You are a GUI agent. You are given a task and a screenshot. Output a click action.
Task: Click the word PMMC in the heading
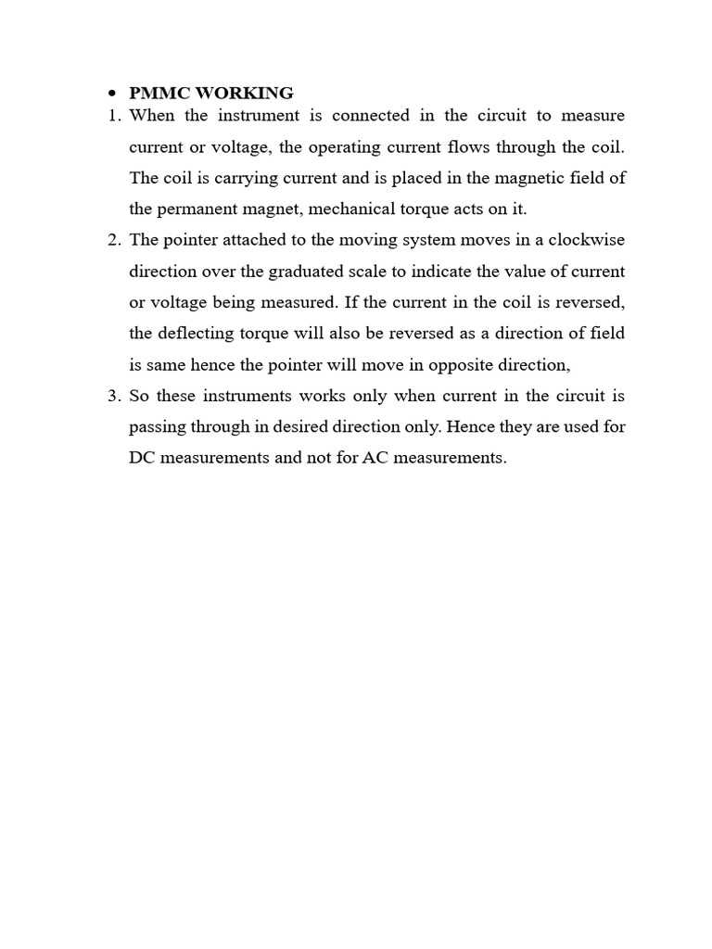pyautogui.click(x=159, y=93)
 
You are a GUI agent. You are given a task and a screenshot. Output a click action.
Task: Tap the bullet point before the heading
pyautogui.click(x=111, y=94)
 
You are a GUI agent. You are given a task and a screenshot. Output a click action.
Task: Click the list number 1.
pyautogui.click(x=114, y=116)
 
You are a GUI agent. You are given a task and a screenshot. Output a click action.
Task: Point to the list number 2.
pyautogui.click(x=114, y=240)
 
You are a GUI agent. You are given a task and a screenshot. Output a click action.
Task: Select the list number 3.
pyautogui.click(x=114, y=396)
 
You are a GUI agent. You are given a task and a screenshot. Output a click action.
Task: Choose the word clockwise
pyautogui.click(x=586, y=240)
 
